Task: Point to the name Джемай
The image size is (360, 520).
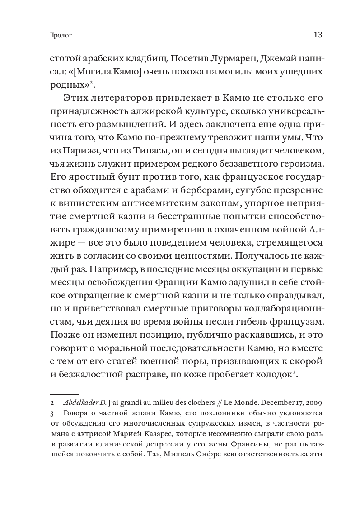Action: pos(279,59)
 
